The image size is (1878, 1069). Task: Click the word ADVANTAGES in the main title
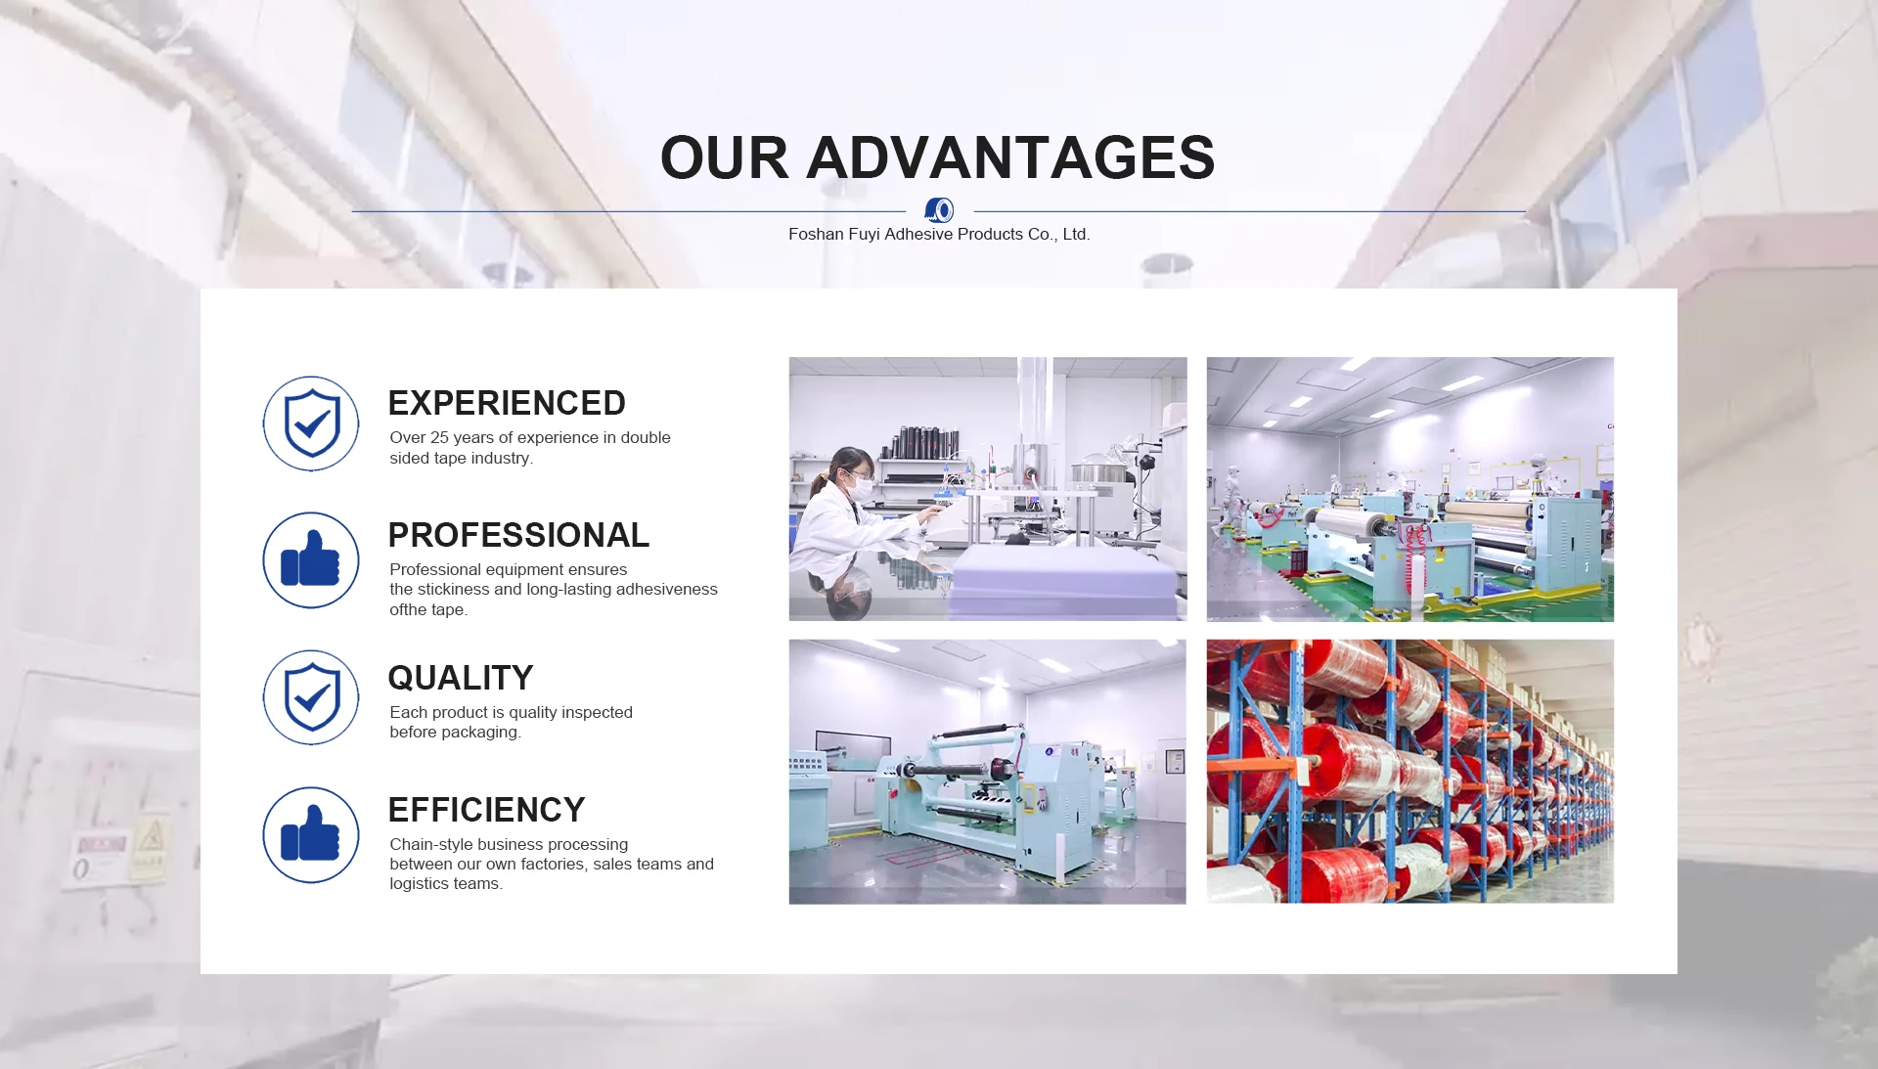1010,157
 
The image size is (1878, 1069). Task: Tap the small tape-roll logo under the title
939,209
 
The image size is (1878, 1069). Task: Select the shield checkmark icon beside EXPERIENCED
311,423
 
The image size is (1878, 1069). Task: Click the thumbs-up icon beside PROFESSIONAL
311,559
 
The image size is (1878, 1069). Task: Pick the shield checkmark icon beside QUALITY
311,697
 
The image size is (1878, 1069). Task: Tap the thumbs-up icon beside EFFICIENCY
311,834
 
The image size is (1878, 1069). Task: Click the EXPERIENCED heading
507,403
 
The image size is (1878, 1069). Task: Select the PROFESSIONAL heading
518,535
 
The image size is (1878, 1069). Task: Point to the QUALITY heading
461,678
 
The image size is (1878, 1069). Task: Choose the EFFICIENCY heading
486,810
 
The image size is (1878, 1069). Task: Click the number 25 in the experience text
439,437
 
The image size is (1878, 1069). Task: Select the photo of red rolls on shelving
1409,772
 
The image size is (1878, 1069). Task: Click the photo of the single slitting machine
987,772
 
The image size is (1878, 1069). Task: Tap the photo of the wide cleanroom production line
1409,489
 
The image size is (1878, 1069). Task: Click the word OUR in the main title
725,157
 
